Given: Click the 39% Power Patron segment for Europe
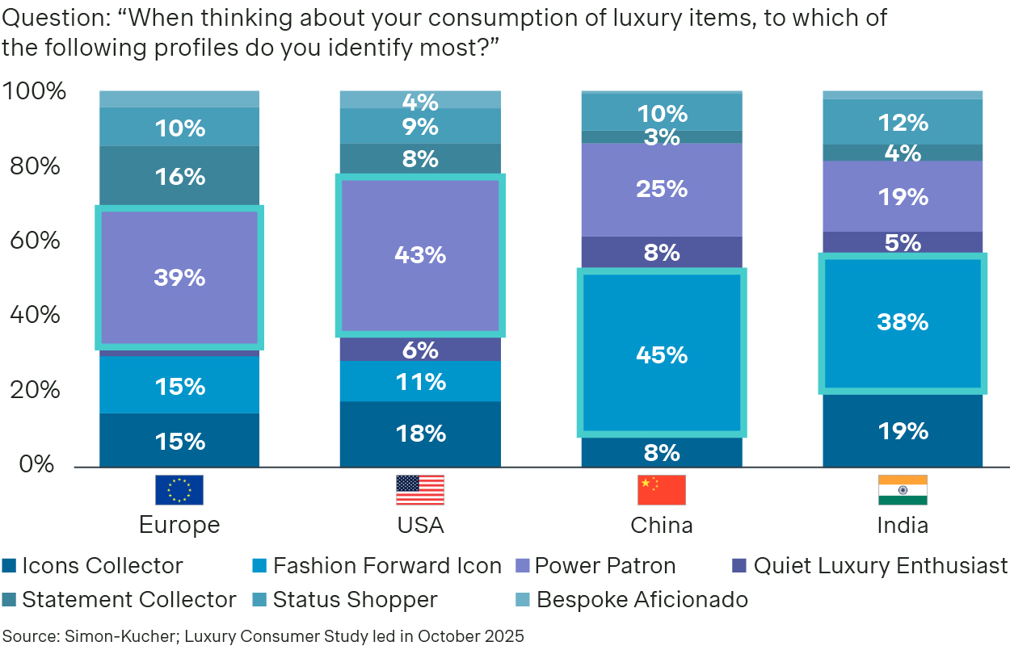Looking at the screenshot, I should [179, 278].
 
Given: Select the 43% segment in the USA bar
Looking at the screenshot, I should [420, 255].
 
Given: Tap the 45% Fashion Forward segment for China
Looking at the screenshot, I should [662, 354].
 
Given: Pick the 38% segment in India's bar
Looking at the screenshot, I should [903, 323].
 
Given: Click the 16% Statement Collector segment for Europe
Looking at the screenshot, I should [179, 177].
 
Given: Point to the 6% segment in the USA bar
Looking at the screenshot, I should [420, 350].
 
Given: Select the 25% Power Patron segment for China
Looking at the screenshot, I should [662, 189].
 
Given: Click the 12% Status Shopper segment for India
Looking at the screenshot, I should [903, 123].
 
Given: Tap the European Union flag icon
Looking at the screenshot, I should [179, 490].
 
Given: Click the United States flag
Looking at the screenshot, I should [420, 490].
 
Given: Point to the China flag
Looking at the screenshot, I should [661, 490].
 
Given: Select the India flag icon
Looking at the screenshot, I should [903, 490].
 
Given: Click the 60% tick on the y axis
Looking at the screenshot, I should [32, 241].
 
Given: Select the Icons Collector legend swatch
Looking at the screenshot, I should [10, 566].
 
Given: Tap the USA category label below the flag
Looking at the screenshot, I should [420, 526].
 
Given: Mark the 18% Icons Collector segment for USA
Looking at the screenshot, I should [420, 434].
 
